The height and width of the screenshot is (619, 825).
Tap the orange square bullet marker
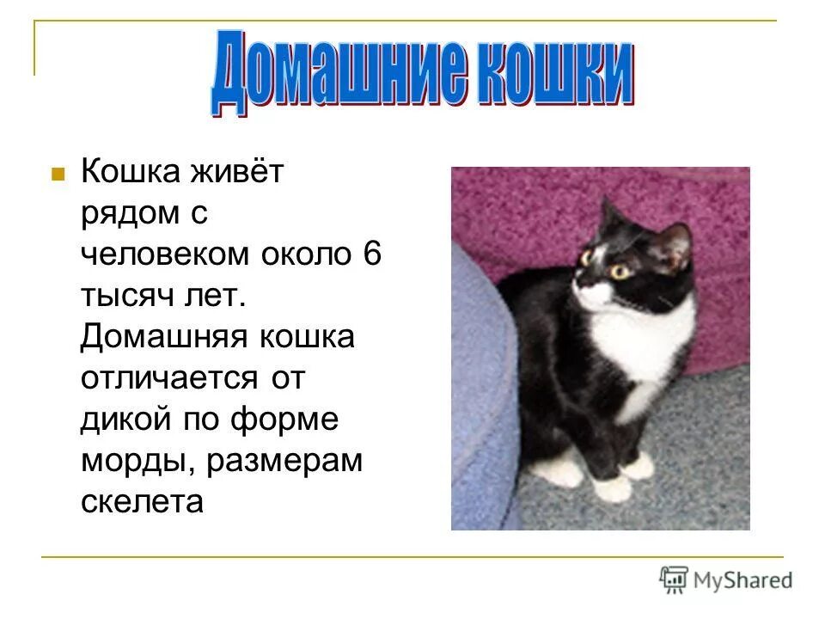pyautogui.click(x=58, y=174)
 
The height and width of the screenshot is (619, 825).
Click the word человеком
pyautogui.click(x=162, y=254)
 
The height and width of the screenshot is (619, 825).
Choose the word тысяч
pyautogui.click(x=126, y=297)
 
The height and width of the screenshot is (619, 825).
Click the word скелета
pyautogui.click(x=142, y=502)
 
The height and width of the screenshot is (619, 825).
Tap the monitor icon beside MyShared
pyautogui.click(x=675, y=580)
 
